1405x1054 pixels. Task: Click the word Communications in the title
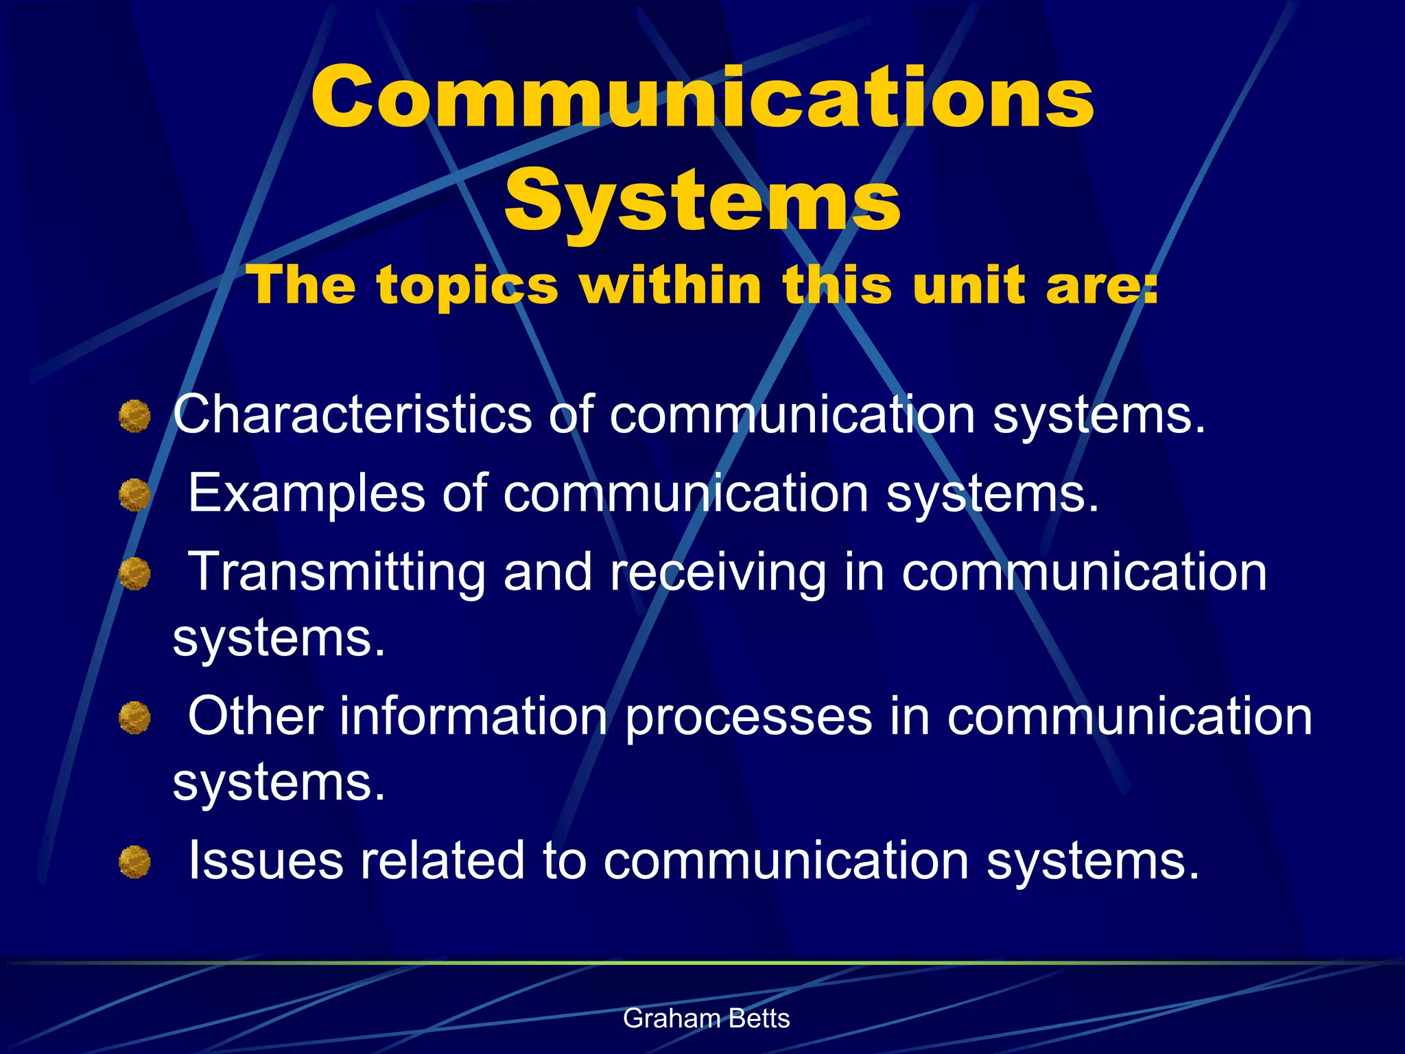click(702, 97)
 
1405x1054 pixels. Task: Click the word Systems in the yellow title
click(702, 200)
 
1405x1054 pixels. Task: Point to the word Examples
click(307, 493)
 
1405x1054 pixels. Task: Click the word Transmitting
click(337, 572)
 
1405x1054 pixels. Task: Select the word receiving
click(718, 572)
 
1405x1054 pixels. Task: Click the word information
click(474, 716)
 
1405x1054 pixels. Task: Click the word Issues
click(265, 860)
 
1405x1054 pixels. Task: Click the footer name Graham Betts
click(706, 1018)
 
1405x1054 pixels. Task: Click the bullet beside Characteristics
click(134, 417)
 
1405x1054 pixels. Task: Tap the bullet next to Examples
click(134, 495)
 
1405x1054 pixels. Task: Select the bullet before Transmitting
click(134, 574)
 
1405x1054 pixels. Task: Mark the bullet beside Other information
click(134, 718)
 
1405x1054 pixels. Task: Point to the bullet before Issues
click(134, 862)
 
